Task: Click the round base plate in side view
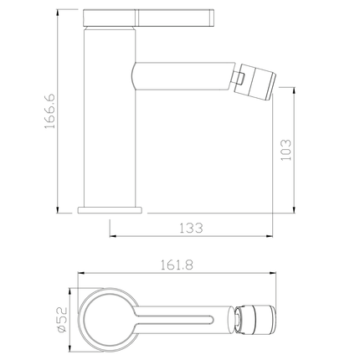111,208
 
